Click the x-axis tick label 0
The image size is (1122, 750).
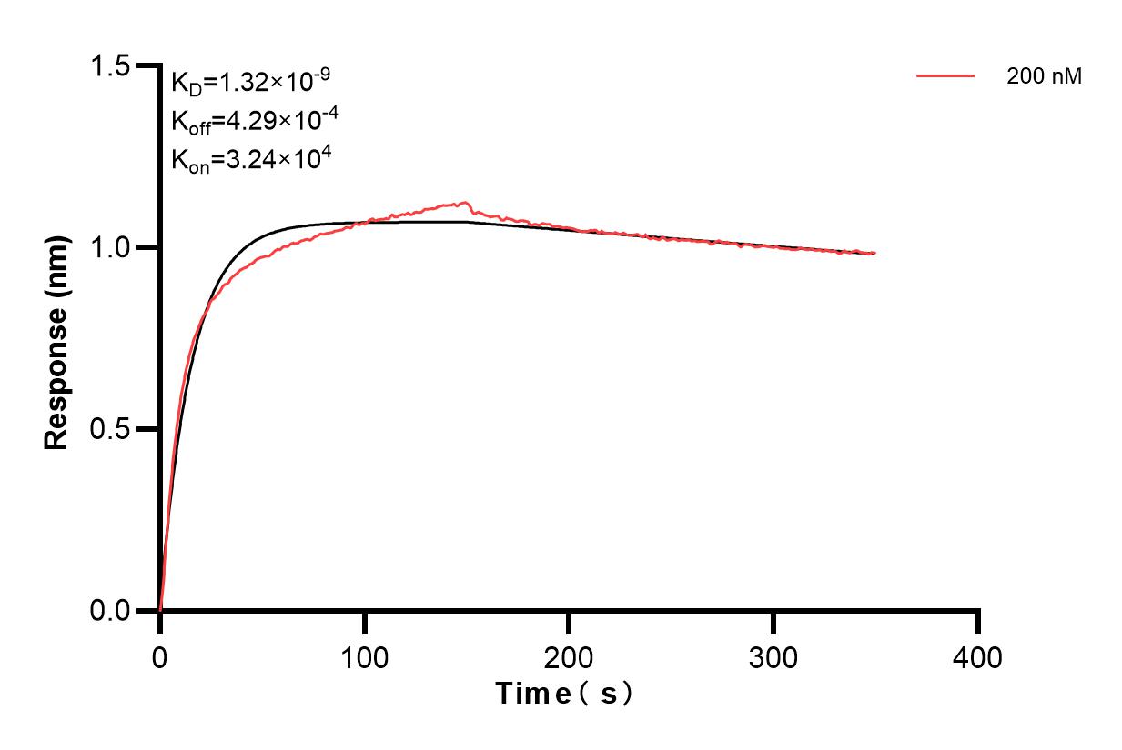[160, 655]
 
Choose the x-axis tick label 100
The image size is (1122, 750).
[365, 655]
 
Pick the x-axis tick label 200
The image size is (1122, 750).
[569, 655]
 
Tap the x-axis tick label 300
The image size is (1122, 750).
[773, 655]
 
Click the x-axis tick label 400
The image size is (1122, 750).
[978, 655]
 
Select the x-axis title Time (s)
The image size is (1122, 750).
[564, 694]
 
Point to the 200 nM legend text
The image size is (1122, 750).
[1044, 77]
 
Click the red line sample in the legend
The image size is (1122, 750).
[945, 77]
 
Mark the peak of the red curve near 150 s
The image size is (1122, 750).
[466, 203]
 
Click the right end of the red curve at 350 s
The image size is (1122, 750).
[874, 253]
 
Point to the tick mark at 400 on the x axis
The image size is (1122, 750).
[978, 623]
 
